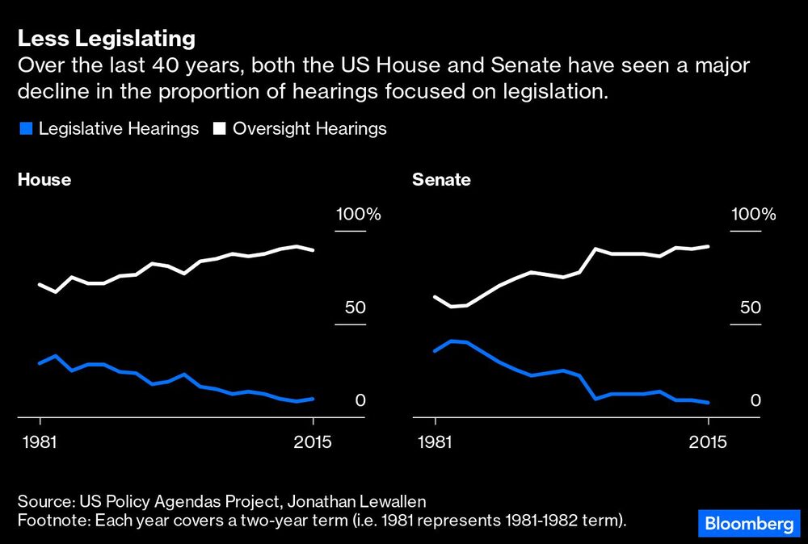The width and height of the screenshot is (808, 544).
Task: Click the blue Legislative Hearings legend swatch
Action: pyautogui.click(x=25, y=129)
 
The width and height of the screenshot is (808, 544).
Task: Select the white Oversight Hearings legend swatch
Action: pyautogui.click(x=219, y=129)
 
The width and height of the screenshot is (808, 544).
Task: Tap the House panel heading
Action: pyautogui.click(x=44, y=180)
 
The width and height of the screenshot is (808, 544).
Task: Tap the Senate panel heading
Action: pyautogui.click(x=441, y=180)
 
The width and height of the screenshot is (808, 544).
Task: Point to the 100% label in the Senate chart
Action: pyautogui.click(x=753, y=215)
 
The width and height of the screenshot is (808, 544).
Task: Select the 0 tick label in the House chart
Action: pyautogui.click(x=361, y=401)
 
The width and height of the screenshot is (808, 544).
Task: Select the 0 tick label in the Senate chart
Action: pyautogui.click(x=756, y=401)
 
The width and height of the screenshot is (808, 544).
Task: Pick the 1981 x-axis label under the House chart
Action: pyautogui.click(x=40, y=442)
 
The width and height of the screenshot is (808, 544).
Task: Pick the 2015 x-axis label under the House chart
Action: pyautogui.click(x=314, y=442)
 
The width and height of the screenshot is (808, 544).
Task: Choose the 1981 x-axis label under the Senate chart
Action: pyautogui.click(x=436, y=442)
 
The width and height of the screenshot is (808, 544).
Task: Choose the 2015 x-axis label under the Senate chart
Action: pyautogui.click(x=709, y=442)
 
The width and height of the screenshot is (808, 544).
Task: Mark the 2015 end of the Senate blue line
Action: pyautogui.click(x=709, y=403)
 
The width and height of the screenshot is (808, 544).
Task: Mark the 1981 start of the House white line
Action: pyautogui.click(x=40, y=285)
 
